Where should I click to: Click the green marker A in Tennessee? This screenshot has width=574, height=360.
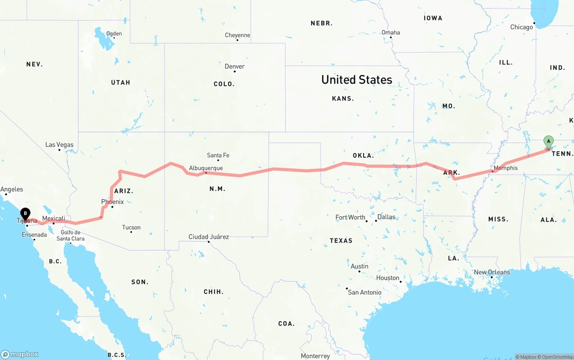pyautogui.click(x=548, y=142)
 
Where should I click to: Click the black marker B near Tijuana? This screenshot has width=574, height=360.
pyautogui.click(x=25, y=214)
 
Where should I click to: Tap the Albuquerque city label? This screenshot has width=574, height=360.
pyautogui.click(x=206, y=168)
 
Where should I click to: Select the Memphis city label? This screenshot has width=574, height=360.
pyautogui.click(x=505, y=168)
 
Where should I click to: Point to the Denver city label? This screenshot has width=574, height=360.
pyautogui.click(x=235, y=66)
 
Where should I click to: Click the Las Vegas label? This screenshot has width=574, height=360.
pyautogui.click(x=59, y=145)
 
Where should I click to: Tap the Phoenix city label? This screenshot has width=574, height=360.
pyautogui.click(x=112, y=202)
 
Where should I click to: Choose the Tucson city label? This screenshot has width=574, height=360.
pyautogui.click(x=131, y=227)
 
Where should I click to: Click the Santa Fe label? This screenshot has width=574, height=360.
pyautogui.click(x=218, y=155)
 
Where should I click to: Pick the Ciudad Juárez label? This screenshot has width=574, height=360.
pyautogui.click(x=209, y=237)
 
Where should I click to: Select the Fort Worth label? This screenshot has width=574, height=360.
pyautogui.click(x=350, y=217)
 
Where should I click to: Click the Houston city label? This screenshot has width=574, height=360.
pyautogui.click(x=388, y=278)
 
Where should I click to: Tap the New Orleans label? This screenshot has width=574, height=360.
pyautogui.click(x=492, y=272)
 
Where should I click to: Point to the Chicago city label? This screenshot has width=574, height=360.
pyautogui.click(x=522, y=27)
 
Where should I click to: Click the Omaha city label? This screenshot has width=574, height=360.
pyautogui.click(x=391, y=32)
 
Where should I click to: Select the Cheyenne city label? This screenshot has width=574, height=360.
pyautogui.click(x=237, y=35)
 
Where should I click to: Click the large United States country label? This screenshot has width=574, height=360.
pyautogui.click(x=357, y=80)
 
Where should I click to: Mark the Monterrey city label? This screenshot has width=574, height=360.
pyautogui.click(x=315, y=356)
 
